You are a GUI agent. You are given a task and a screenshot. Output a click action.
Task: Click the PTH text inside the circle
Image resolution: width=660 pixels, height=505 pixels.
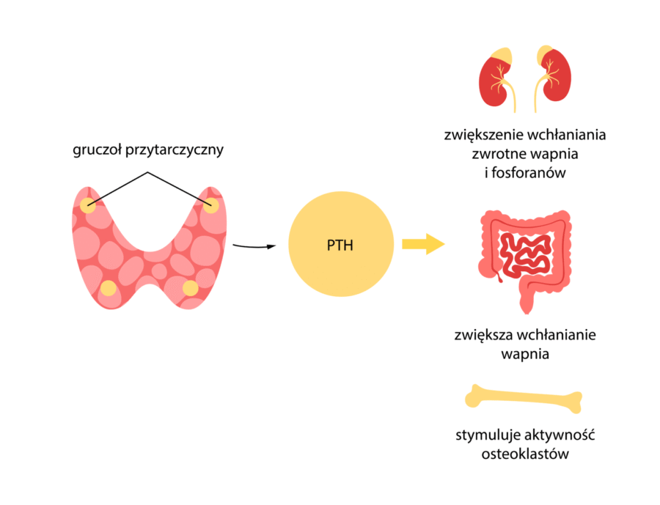pyautogui.click(x=340, y=245)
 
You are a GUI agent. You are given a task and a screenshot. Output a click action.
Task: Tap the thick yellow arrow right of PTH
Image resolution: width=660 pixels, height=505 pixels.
pyautogui.click(x=423, y=244)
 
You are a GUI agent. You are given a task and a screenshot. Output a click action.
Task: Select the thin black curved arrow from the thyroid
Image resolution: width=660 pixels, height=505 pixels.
pyautogui.click(x=254, y=245)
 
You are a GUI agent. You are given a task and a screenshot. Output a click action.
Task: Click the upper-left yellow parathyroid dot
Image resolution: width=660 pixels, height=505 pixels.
pyautogui.click(x=88, y=206)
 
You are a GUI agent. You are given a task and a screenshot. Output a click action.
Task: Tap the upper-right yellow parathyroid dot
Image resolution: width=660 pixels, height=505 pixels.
pyautogui.click(x=210, y=206)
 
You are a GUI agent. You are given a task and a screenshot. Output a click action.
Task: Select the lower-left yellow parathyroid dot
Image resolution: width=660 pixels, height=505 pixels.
pyautogui.click(x=108, y=288)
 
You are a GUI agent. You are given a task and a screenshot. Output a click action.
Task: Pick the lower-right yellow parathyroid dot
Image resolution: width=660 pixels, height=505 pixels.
pyautogui.click(x=191, y=287)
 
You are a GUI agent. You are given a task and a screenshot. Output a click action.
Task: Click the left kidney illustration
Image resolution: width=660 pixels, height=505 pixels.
pyautogui.click(x=496, y=77)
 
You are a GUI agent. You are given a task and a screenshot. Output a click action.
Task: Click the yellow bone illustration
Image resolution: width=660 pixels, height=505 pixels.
pyautogui.click(x=524, y=399)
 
